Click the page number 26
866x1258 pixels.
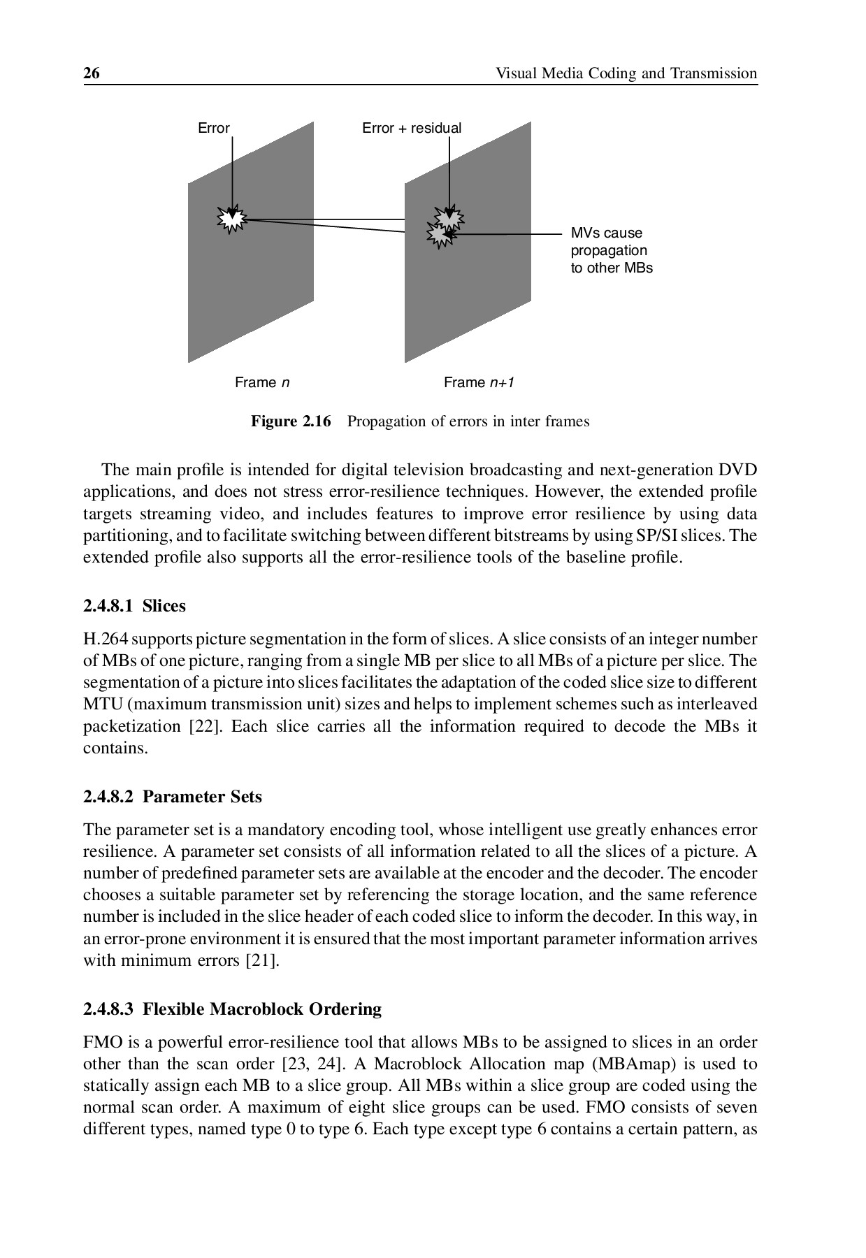coord(92,73)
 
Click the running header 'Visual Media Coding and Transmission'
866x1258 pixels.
coord(626,73)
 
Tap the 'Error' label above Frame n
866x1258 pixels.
coord(213,128)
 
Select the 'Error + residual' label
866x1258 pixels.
coord(411,128)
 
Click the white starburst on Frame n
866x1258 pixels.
coord(231,219)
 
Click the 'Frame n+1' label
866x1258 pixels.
coord(479,382)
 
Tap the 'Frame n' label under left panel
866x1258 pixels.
coord(262,382)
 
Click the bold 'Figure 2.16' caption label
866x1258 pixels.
coord(291,421)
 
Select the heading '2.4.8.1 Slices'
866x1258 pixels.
coord(134,606)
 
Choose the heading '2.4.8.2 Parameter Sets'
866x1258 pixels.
coord(172,797)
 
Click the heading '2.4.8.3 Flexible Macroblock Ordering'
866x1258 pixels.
coord(232,1009)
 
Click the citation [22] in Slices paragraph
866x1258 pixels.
coord(205,726)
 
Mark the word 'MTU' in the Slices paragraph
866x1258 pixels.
coord(99,704)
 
